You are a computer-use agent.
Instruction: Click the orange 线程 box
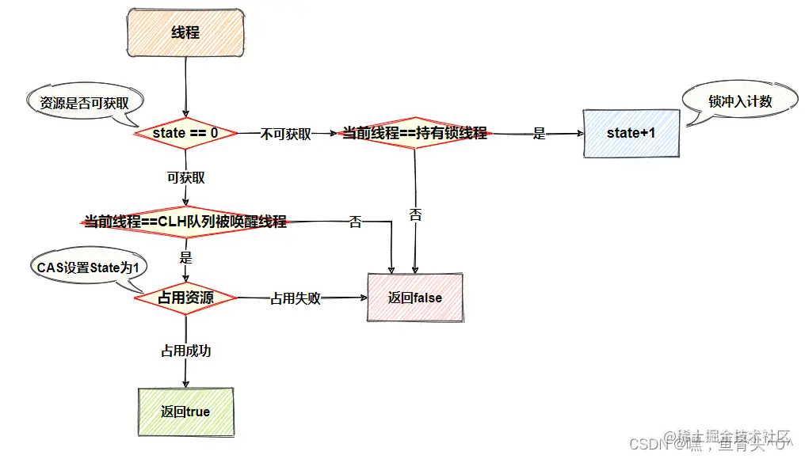click(x=185, y=32)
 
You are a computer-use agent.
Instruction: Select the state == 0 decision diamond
click(x=185, y=133)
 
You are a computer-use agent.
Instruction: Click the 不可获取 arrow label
click(x=286, y=134)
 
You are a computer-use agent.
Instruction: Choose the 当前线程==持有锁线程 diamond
click(x=414, y=134)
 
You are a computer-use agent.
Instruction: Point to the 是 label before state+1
click(x=539, y=134)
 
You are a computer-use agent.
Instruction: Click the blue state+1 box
click(x=631, y=133)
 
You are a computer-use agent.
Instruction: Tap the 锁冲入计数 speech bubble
click(x=740, y=102)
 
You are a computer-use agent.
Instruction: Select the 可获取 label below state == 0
click(x=186, y=177)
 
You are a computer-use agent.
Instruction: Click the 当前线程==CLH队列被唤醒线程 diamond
click(x=185, y=222)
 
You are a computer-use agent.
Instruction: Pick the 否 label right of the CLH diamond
click(x=356, y=222)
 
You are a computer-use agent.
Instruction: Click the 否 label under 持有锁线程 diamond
click(x=415, y=214)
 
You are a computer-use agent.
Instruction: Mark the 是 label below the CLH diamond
click(x=186, y=258)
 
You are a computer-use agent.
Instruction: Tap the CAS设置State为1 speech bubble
click(x=88, y=268)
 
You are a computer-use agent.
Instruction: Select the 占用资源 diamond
click(x=185, y=298)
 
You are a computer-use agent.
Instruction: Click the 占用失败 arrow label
click(x=296, y=298)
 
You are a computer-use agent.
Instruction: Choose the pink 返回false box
click(x=415, y=298)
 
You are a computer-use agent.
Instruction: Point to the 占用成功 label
click(x=186, y=351)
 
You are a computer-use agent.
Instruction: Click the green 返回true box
click(x=185, y=412)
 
